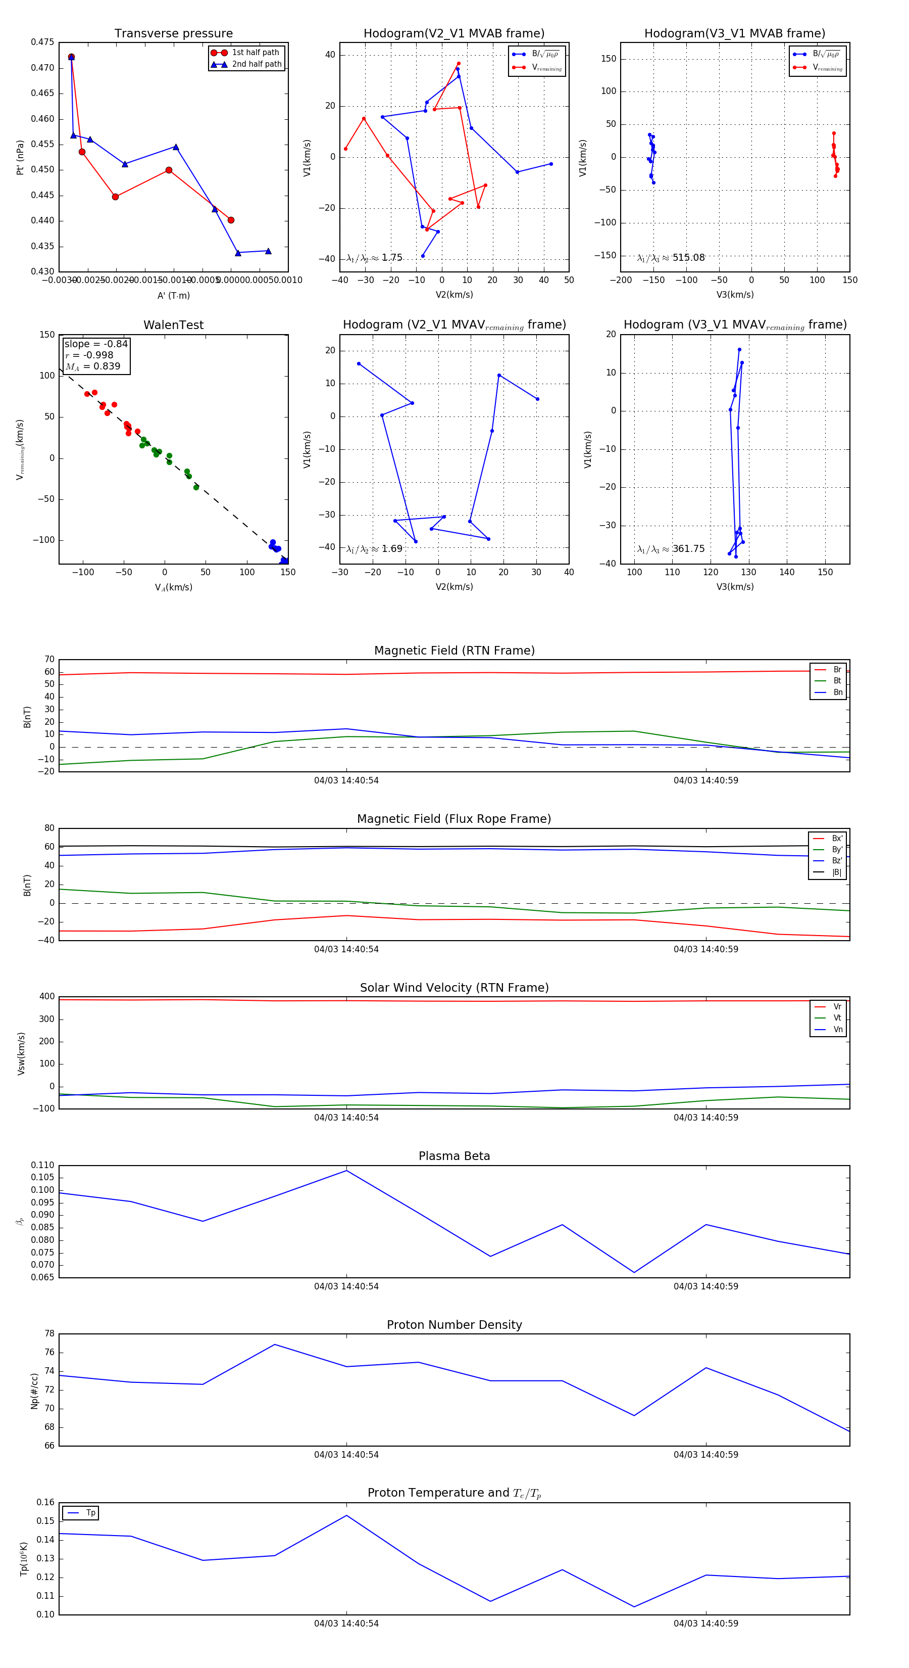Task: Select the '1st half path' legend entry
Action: [x=255, y=53]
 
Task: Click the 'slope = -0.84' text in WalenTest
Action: [x=96, y=344]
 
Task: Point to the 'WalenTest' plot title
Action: [x=173, y=325]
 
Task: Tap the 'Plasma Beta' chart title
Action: [x=454, y=1156]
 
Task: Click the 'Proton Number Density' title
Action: [x=454, y=1324]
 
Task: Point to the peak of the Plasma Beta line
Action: [x=347, y=1170]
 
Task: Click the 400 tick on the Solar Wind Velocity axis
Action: [x=47, y=997]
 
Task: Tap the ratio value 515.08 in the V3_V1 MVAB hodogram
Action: [x=688, y=258]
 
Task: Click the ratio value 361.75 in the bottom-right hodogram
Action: [x=688, y=549]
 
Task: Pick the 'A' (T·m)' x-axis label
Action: [x=173, y=295]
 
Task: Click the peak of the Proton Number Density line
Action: [x=275, y=1344]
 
